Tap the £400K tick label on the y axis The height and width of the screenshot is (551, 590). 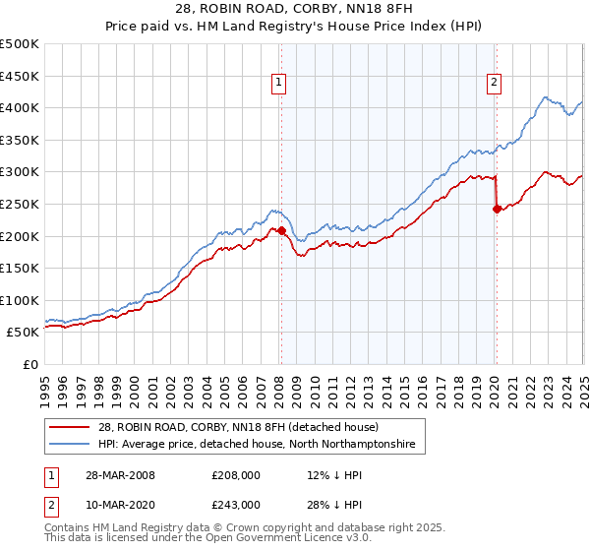(x=20, y=107)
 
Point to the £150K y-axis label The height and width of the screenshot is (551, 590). (x=20, y=268)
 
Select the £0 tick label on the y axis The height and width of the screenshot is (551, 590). (x=29, y=364)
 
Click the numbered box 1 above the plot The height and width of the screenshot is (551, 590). (x=280, y=84)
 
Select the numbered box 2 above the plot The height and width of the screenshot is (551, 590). (x=493, y=84)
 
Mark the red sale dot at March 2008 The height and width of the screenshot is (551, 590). (x=281, y=231)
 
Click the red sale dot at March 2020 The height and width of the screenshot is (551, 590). (x=497, y=209)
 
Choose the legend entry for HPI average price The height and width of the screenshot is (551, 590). (x=257, y=445)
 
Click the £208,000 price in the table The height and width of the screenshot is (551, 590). (x=236, y=475)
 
